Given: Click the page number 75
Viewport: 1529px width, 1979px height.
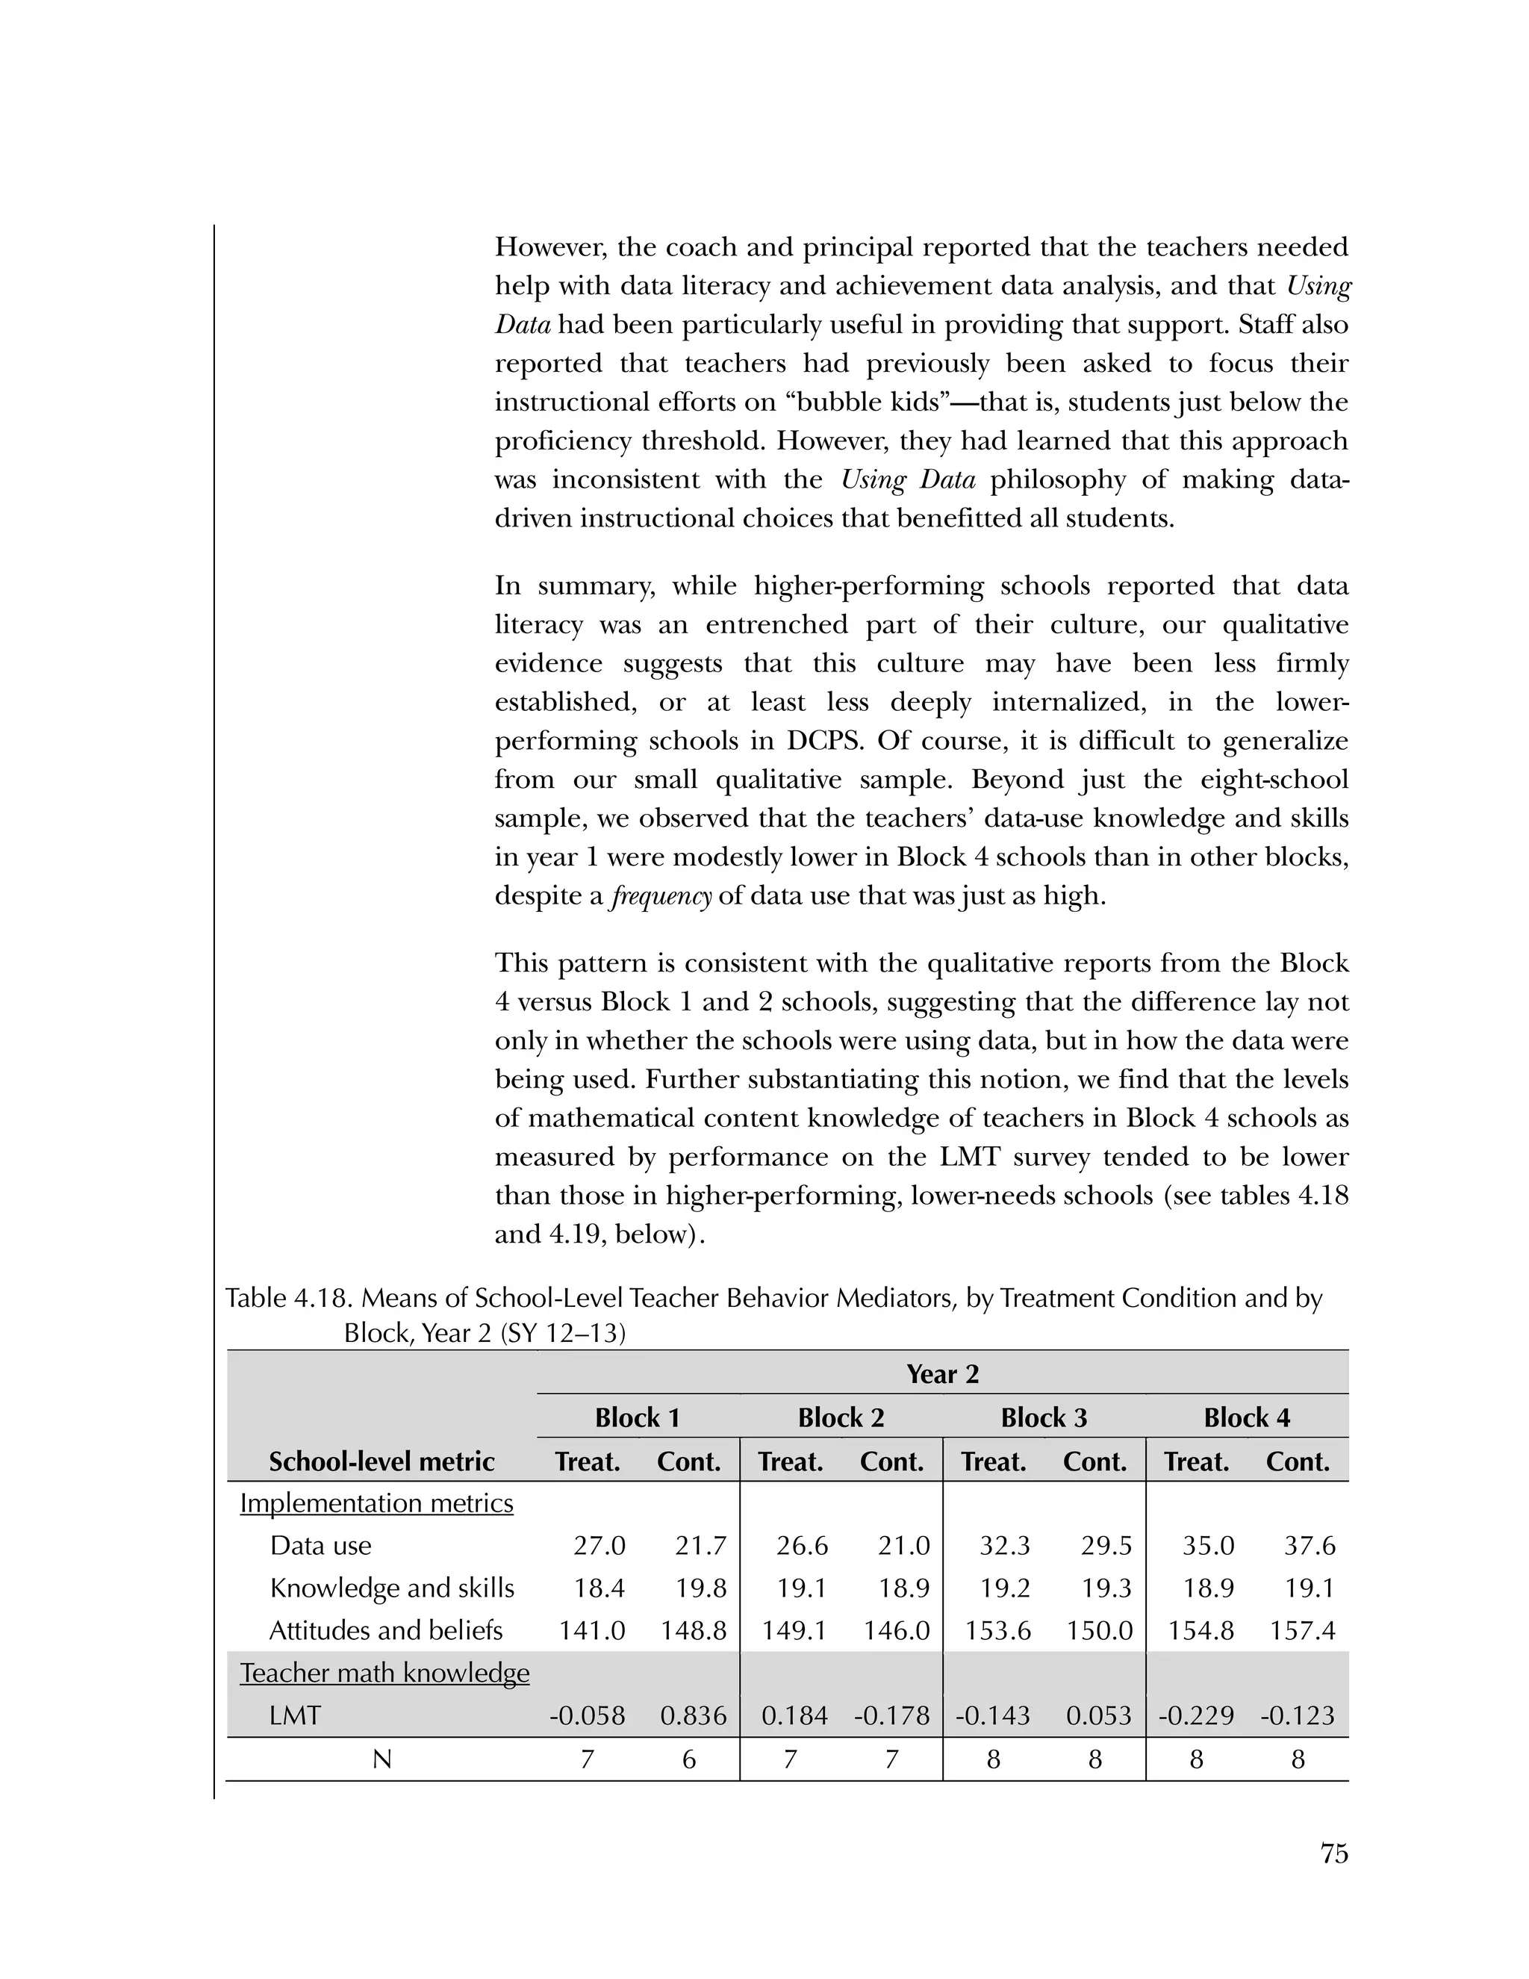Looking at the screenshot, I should click(1333, 1854).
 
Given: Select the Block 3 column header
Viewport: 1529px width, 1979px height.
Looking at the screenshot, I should click(1044, 1417).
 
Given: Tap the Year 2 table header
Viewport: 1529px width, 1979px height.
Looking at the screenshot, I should click(942, 1373).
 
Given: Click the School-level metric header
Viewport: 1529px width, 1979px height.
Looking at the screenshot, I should click(382, 1461).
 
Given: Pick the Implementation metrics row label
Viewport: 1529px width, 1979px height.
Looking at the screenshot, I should click(376, 1503).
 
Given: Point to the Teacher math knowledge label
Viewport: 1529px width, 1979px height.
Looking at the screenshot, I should click(384, 1673).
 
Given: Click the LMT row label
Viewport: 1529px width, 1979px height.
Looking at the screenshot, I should click(296, 1715).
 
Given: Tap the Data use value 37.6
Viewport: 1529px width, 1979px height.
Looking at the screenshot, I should click(1310, 1545).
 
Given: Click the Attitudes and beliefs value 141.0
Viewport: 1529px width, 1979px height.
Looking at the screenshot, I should click(591, 1630).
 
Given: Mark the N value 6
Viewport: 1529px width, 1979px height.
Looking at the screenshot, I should click(688, 1759).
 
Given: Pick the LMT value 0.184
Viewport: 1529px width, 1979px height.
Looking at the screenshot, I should click(794, 1715).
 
